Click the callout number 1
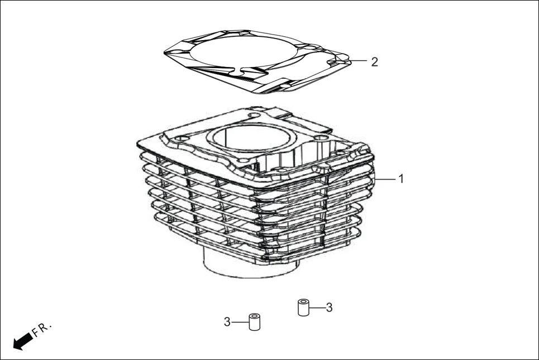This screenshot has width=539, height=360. (x=400, y=179)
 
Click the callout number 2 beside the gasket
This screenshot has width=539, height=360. (x=374, y=61)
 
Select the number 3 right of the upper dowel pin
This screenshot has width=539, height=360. (x=329, y=307)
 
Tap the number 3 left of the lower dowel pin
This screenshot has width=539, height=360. (x=227, y=321)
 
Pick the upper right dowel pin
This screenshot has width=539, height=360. (x=303, y=308)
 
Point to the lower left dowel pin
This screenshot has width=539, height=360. (x=255, y=322)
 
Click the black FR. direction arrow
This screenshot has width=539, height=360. (x=22, y=340)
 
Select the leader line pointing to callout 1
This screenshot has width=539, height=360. (x=385, y=179)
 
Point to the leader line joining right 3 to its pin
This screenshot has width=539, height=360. (x=317, y=307)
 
